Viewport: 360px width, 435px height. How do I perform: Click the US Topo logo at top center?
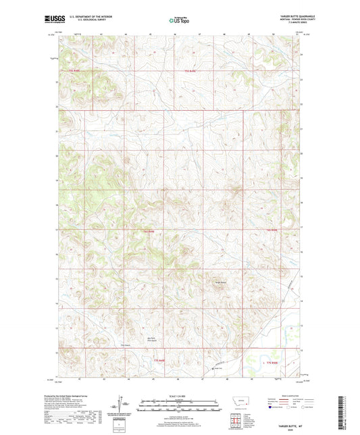(180, 20)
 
